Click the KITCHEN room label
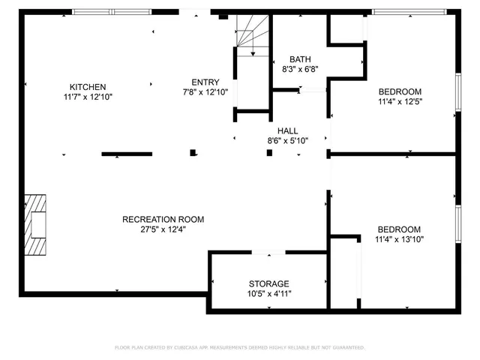click(x=88, y=87)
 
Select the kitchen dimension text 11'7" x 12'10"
click(x=88, y=97)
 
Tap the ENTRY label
click(x=205, y=82)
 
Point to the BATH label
click(x=300, y=59)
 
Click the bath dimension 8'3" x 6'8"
click(x=300, y=69)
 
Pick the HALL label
click(x=288, y=130)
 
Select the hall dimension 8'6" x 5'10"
click(x=288, y=140)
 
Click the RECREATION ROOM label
click(x=163, y=220)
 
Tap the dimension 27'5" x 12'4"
click(x=163, y=230)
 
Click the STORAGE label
click(x=268, y=284)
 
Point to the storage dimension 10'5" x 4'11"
click(x=268, y=294)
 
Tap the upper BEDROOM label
click(x=399, y=92)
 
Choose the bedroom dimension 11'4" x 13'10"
click(x=399, y=240)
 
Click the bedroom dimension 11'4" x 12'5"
click(x=399, y=102)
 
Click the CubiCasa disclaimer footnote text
click(x=239, y=347)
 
